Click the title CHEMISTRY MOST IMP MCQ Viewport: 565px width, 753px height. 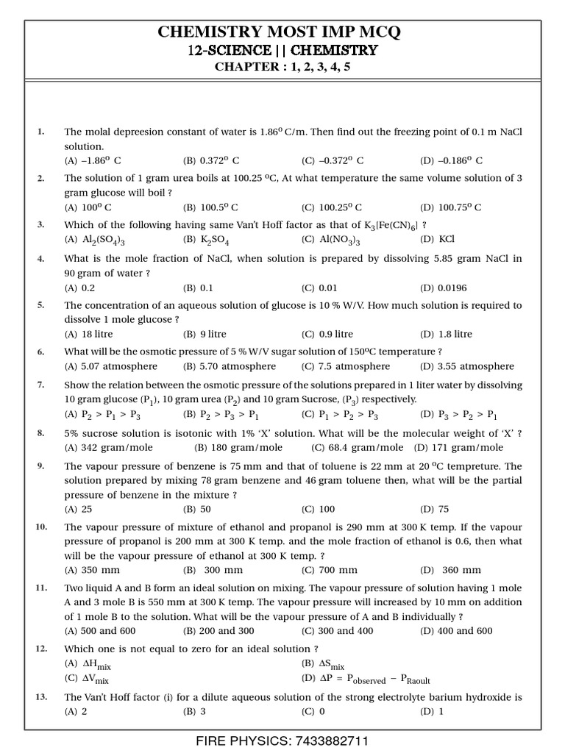282,32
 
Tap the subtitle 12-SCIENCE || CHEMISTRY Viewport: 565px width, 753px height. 282,51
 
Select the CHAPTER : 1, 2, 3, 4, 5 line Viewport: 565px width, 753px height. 282,68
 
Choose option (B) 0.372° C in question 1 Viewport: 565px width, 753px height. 211,160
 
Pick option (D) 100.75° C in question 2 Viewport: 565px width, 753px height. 451,207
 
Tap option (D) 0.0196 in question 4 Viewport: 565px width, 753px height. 443,288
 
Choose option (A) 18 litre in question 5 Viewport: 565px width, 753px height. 88,334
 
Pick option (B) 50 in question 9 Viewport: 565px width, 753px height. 196,508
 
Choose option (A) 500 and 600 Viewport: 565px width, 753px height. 100,631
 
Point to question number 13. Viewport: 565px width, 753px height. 41,696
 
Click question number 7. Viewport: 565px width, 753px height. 41,385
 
